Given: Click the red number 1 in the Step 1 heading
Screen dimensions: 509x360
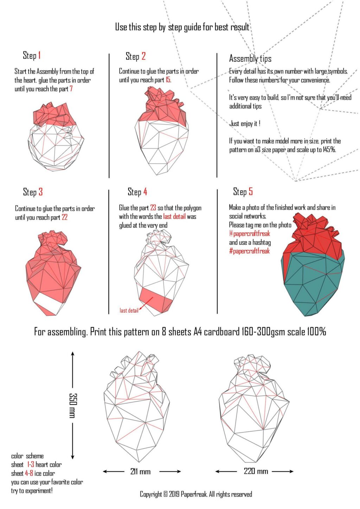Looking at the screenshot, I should pyautogui.click(x=39, y=55).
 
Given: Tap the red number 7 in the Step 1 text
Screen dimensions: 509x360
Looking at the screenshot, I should pyautogui.click(x=71, y=89).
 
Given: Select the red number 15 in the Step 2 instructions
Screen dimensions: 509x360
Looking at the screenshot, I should pyautogui.click(x=168, y=80).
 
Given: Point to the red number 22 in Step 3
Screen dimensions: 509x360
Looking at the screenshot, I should pyautogui.click(x=64, y=217).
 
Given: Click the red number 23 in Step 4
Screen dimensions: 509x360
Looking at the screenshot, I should pyautogui.click(x=153, y=208).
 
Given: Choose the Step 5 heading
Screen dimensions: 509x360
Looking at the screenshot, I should pyautogui.click(x=243, y=192).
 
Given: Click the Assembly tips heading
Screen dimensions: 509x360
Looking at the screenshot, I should pyautogui.click(x=250, y=58).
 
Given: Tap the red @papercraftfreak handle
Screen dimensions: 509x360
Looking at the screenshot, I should pyautogui.click(x=250, y=234).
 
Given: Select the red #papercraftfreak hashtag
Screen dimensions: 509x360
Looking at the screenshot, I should pyautogui.click(x=249, y=251).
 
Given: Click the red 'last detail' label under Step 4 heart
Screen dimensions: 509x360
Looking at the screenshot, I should pyautogui.click(x=129, y=310).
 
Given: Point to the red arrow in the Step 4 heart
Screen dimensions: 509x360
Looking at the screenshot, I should pyautogui.click(x=147, y=303).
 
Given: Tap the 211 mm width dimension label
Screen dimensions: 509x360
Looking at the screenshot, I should pyautogui.click(x=140, y=471).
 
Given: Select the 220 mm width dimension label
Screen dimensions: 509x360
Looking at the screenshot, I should pyautogui.click(x=256, y=471).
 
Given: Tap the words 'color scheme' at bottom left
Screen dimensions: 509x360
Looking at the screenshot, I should pyautogui.click(x=27, y=456).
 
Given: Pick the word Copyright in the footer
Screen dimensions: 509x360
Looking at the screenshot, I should pyautogui.click(x=151, y=494).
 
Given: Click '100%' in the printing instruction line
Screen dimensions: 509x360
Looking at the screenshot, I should pyautogui.click(x=316, y=331).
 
